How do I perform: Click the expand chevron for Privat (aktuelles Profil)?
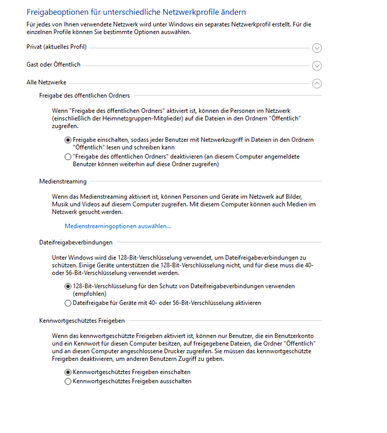pos(317,48)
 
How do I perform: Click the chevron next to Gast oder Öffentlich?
pos(317,66)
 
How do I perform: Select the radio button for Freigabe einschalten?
pos(68,140)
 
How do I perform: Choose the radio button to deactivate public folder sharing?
pos(68,157)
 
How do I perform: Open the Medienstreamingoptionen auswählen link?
pos(118,226)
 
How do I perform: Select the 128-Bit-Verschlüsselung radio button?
pos(68,286)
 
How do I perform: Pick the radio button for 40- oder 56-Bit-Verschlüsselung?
pos(68,303)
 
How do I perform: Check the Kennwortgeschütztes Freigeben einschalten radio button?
pos(68,372)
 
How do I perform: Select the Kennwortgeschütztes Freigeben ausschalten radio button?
pos(68,381)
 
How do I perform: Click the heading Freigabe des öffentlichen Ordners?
pos(85,95)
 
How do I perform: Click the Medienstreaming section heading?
pos(63,181)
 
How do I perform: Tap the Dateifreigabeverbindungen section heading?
pos(76,242)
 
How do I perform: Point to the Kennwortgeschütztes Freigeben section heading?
pos(82,321)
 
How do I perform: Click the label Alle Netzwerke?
pos(46,82)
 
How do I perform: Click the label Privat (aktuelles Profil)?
pos(57,47)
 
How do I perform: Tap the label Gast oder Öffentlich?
pos(53,65)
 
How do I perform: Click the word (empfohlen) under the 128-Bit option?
pos(90,294)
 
